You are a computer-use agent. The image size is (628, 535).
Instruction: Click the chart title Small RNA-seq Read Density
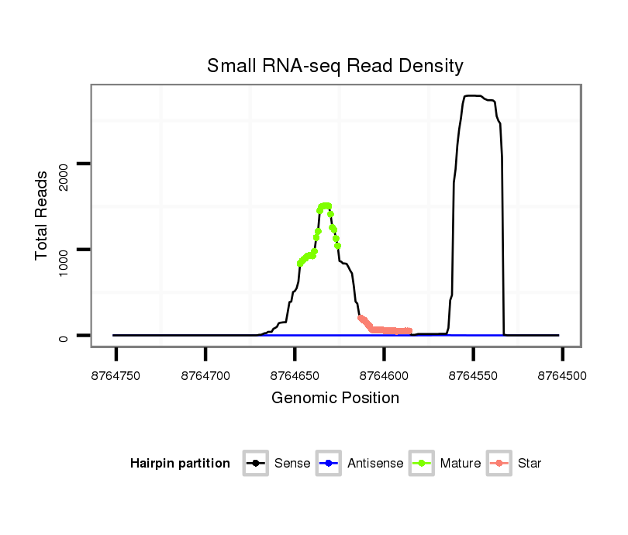(335, 66)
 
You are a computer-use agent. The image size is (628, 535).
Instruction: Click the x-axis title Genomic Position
(335, 399)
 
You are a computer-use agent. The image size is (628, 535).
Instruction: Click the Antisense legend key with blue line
(329, 464)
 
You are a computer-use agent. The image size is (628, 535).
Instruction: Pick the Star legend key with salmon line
(499, 464)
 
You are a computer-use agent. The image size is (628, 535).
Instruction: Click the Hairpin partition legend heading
(180, 464)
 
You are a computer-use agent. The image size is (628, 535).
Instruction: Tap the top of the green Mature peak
(326, 205)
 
